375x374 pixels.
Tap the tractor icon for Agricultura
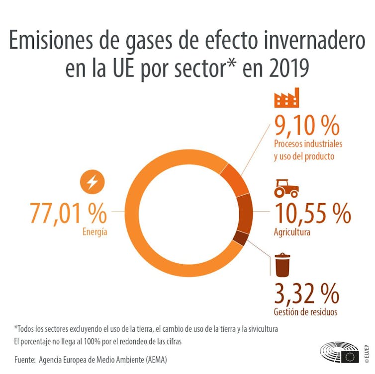pyautogui.click(x=286, y=189)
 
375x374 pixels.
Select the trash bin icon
pyautogui.click(x=282, y=265)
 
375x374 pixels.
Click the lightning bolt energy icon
pyautogui.click(x=93, y=183)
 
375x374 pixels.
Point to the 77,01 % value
pyautogui.click(x=69, y=214)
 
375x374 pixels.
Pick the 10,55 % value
pyautogui.click(x=312, y=214)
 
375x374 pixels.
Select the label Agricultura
pyautogui.click(x=292, y=232)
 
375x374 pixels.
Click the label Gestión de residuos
pyautogui.click(x=305, y=312)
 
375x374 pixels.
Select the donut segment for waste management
pyautogui.click(x=241, y=238)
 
